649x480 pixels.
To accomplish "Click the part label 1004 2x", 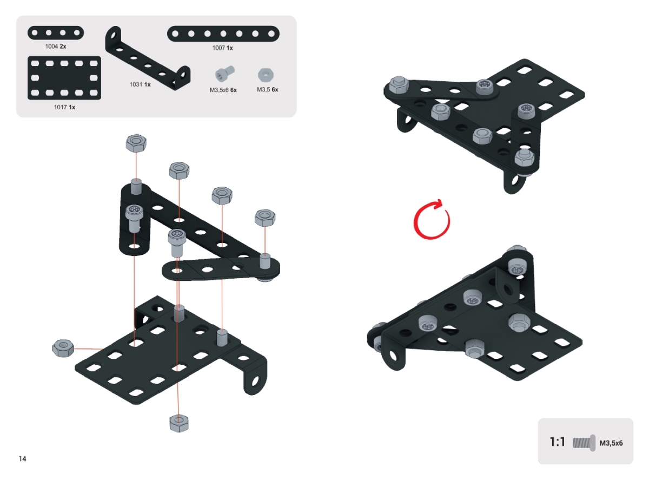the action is click(56, 47).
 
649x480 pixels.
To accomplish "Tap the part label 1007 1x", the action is click(222, 48).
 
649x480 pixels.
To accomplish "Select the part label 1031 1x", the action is click(140, 84).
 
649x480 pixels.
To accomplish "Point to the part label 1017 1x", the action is click(64, 107).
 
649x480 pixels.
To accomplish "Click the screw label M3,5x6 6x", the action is click(223, 90).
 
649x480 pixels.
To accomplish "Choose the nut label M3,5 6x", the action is click(267, 89).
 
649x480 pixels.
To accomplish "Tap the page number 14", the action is click(23, 458).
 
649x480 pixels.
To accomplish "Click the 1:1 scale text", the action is click(558, 442).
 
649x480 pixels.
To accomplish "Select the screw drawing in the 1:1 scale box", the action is click(584, 443).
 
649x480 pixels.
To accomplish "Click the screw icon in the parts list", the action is click(225, 73).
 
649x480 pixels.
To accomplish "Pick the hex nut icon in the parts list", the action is click(266, 75).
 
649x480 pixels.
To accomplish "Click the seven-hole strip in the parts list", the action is click(223, 34).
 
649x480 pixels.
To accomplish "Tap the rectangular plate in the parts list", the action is click(64, 78).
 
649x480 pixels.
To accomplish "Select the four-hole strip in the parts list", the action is click(56, 33).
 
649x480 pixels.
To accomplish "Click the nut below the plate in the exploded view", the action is click(179, 423).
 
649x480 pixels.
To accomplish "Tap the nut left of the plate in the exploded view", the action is click(63, 348).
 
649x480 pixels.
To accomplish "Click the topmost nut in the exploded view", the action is click(136, 143).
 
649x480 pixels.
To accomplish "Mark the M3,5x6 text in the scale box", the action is click(611, 443).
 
